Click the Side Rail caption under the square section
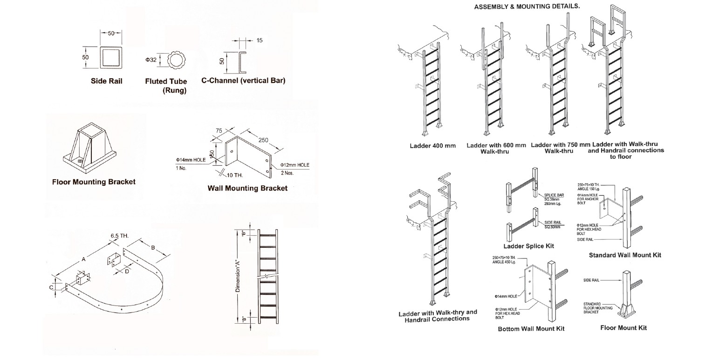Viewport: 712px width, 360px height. point(107,81)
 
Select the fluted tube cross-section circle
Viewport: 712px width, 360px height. point(176,60)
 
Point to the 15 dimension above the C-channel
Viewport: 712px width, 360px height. point(260,41)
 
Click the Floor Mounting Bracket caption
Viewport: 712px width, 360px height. point(94,182)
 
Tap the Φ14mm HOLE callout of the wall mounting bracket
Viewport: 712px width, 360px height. point(191,160)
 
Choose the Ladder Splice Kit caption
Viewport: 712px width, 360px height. point(528,246)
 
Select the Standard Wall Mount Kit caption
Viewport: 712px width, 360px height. point(625,255)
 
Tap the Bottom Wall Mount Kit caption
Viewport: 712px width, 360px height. point(531,328)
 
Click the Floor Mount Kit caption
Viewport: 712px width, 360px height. point(623,328)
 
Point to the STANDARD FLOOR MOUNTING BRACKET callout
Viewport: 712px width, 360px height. point(595,308)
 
